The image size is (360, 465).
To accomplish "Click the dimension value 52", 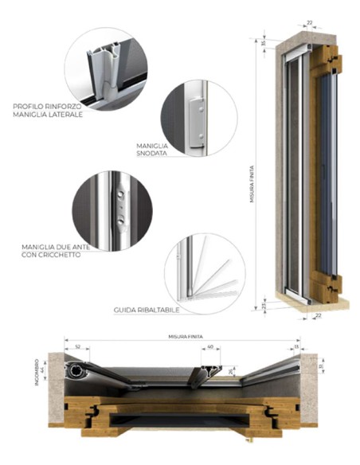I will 77,346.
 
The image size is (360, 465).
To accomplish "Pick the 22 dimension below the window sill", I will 319,317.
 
